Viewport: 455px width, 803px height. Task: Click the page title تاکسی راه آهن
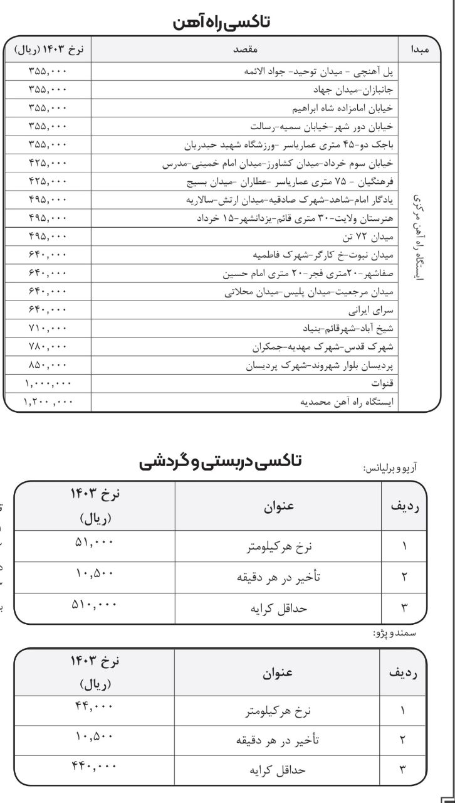coord(228,23)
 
